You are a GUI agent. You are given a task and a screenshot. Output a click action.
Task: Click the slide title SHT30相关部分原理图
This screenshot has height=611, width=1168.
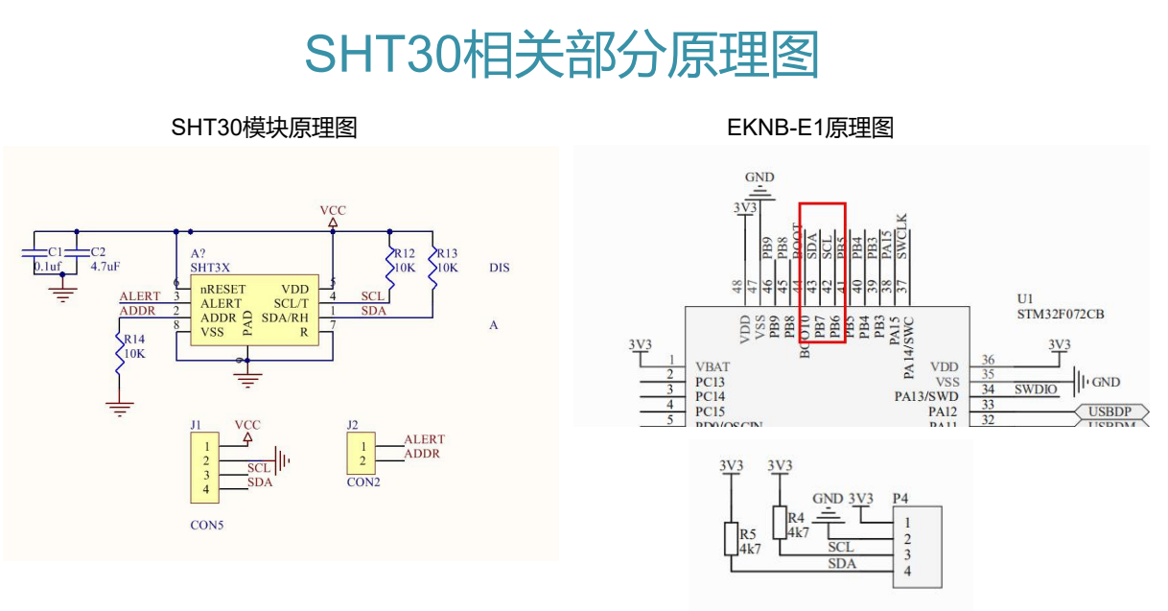pyautogui.click(x=562, y=55)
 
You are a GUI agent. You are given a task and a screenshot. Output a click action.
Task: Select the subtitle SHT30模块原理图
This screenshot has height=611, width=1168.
pyautogui.click(x=264, y=128)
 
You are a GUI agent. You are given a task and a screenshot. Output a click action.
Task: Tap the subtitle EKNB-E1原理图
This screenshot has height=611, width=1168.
pyautogui.click(x=810, y=128)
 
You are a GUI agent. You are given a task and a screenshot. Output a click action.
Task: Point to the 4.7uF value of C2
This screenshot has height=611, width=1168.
pyautogui.click(x=105, y=267)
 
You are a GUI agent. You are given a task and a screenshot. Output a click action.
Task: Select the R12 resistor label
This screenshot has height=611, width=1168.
pyautogui.click(x=404, y=253)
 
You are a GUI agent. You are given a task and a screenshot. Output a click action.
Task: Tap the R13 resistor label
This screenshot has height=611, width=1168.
pyautogui.click(x=447, y=253)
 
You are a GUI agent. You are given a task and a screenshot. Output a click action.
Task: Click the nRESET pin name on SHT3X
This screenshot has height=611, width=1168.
pyautogui.click(x=223, y=289)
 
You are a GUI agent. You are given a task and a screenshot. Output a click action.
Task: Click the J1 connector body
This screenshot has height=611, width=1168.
pyautogui.click(x=204, y=467)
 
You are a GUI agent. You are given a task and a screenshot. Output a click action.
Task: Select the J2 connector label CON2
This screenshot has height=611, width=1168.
pyautogui.click(x=363, y=482)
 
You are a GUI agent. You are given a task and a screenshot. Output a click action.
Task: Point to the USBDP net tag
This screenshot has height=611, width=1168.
pyautogui.click(x=1109, y=412)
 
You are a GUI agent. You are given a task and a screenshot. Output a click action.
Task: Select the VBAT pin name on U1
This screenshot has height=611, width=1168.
pyautogui.click(x=712, y=366)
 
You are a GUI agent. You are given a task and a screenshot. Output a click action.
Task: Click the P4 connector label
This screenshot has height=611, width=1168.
pyautogui.click(x=899, y=498)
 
